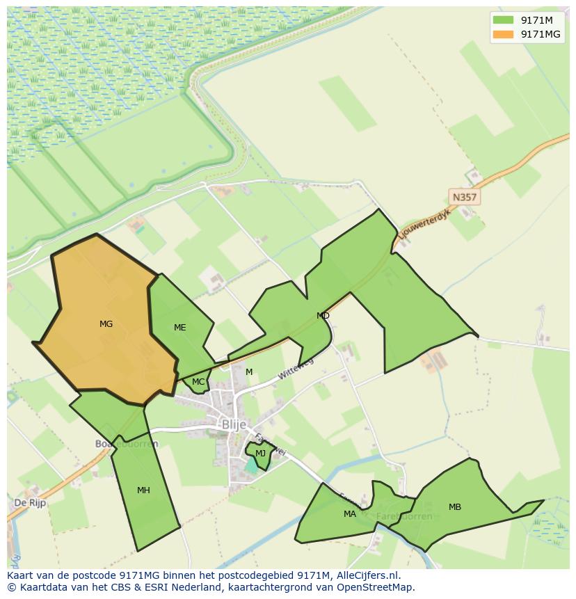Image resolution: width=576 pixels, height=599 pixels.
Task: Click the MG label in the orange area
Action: point(106,324)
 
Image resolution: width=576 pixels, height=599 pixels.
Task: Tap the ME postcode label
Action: point(180,328)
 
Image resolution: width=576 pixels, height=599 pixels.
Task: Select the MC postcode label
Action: point(198,382)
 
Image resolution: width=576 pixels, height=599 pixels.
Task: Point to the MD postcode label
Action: point(323,316)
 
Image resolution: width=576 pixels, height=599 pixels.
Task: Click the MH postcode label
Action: point(143,490)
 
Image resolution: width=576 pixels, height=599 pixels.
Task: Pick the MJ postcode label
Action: point(260,454)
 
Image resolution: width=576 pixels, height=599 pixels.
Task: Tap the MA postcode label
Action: point(350,514)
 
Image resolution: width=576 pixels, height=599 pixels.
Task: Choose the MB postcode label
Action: point(455,507)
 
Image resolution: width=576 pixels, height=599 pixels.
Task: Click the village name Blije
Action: point(234,424)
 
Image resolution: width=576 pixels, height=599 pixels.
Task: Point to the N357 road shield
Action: point(464,198)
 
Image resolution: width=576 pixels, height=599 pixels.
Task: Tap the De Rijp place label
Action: point(30,502)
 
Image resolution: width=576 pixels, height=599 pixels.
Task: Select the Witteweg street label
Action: point(296,369)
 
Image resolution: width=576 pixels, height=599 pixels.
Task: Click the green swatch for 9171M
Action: point(503,20)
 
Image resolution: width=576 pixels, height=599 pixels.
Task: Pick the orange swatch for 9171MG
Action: point(503,34)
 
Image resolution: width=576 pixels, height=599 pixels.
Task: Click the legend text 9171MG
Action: point(541,34)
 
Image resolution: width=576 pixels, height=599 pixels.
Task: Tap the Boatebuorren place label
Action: point(127,443)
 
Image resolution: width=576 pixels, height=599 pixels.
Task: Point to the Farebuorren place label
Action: point(403,516)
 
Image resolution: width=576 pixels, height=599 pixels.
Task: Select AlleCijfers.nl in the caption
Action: point(366,575)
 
